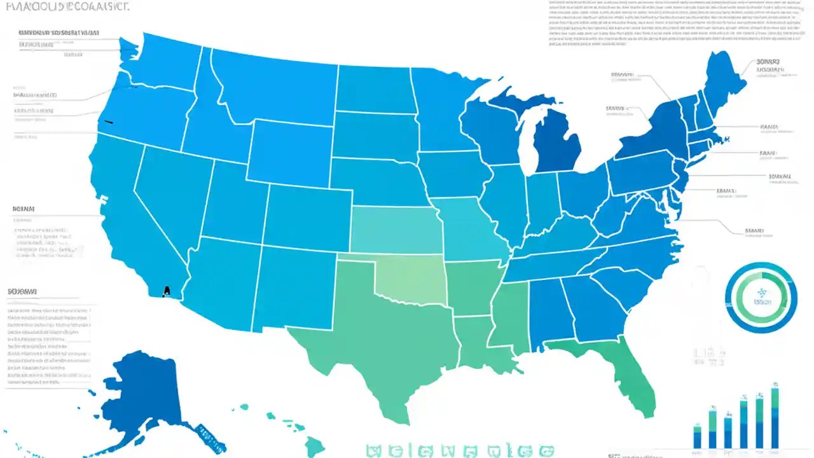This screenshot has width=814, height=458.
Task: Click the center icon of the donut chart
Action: (761, 298)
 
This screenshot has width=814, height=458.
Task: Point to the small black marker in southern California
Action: (167, 291)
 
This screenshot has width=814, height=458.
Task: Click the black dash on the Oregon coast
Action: (109, 121)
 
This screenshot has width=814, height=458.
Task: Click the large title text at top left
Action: (66, 8)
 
